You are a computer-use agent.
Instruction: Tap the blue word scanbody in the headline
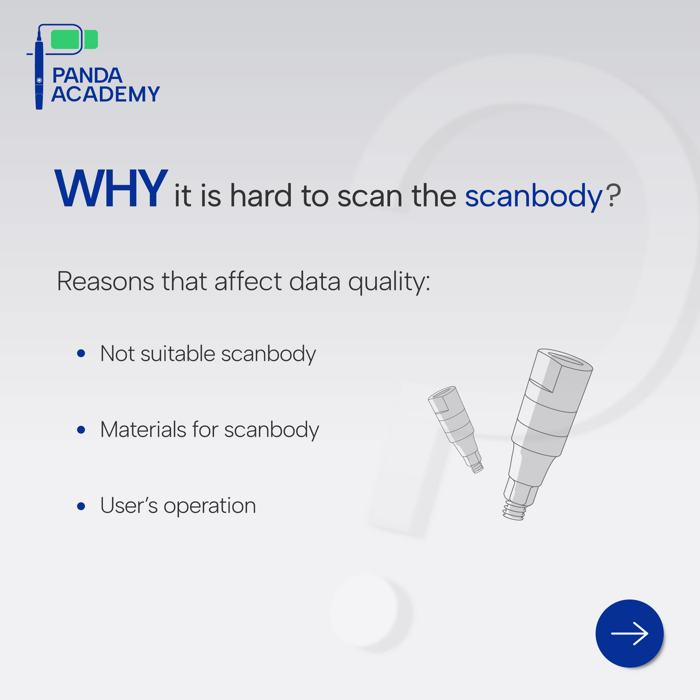(x=534, y=197)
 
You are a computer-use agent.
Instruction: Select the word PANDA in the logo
(x=87, y=76)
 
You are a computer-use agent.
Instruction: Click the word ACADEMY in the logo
(x=105, y=94)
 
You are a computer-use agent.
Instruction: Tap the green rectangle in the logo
(x=74, y=39)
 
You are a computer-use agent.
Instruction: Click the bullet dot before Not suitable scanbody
(x=81, y=353)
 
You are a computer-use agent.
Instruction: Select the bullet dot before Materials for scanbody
(x=81, y=430)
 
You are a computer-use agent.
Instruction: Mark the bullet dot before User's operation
(x=81, y=506)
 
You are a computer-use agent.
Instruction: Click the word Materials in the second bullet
(x=143, y=430)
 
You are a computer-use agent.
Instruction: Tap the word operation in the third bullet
(x=210, y=506)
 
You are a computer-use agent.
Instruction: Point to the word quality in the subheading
(x=389, y=282)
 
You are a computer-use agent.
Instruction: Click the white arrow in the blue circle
(x=630, y=634)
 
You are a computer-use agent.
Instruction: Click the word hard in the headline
(x=261, y=196)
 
